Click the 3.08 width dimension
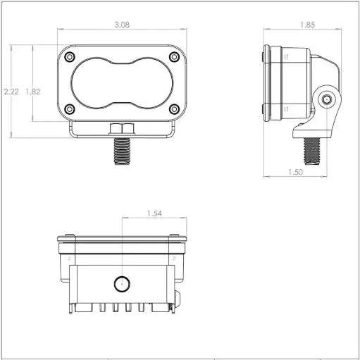(122, 25)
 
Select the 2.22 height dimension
(11, 92)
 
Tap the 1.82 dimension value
(33, 92)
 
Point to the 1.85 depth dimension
(307, 25)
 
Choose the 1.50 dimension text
(295, 172)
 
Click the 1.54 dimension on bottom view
(154, 213)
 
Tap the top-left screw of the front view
(70, 57)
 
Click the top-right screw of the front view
(174, 56)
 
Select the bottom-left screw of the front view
(70, 109)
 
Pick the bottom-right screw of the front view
(174, 109)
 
